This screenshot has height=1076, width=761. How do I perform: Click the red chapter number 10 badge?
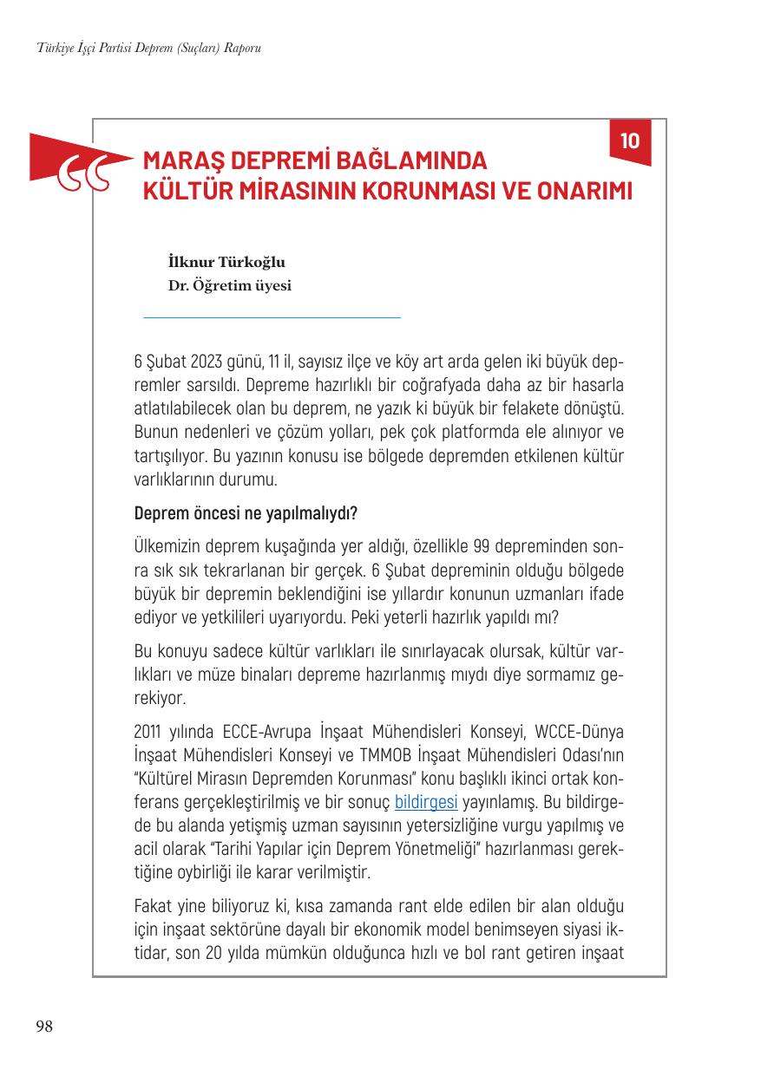tap(630, 140)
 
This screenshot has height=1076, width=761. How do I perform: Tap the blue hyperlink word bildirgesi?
tap(425, 801)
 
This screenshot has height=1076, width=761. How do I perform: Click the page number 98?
tap(43, 1027)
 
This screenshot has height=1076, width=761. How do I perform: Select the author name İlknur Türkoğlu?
tap(226, 262)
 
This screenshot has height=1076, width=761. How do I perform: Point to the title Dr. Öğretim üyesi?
tap(230, 284)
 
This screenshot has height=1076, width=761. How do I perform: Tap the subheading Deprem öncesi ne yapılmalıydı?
tap(245, 513)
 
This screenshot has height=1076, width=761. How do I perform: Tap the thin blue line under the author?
tap(272, 318)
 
